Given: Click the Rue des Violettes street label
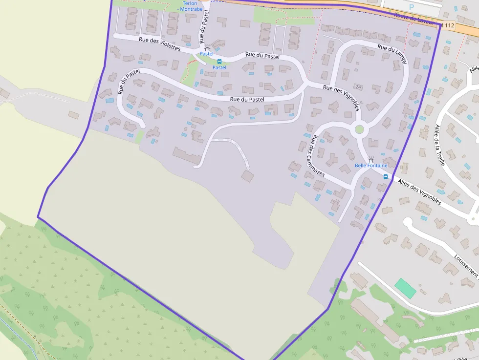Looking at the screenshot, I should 159,44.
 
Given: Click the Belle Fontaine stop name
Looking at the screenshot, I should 370,166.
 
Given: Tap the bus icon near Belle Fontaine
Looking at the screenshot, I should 386,177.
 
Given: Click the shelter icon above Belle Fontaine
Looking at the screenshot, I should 370,159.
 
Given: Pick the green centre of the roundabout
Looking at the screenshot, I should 359,129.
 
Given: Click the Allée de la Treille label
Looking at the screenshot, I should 440,145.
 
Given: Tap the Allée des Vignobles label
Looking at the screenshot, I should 419,192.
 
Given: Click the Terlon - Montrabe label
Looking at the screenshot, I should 190,6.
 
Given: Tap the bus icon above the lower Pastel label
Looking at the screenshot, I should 219,62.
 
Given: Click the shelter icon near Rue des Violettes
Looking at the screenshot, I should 207,48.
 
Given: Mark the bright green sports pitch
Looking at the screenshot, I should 405,288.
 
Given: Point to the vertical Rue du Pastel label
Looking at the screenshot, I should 204,28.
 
